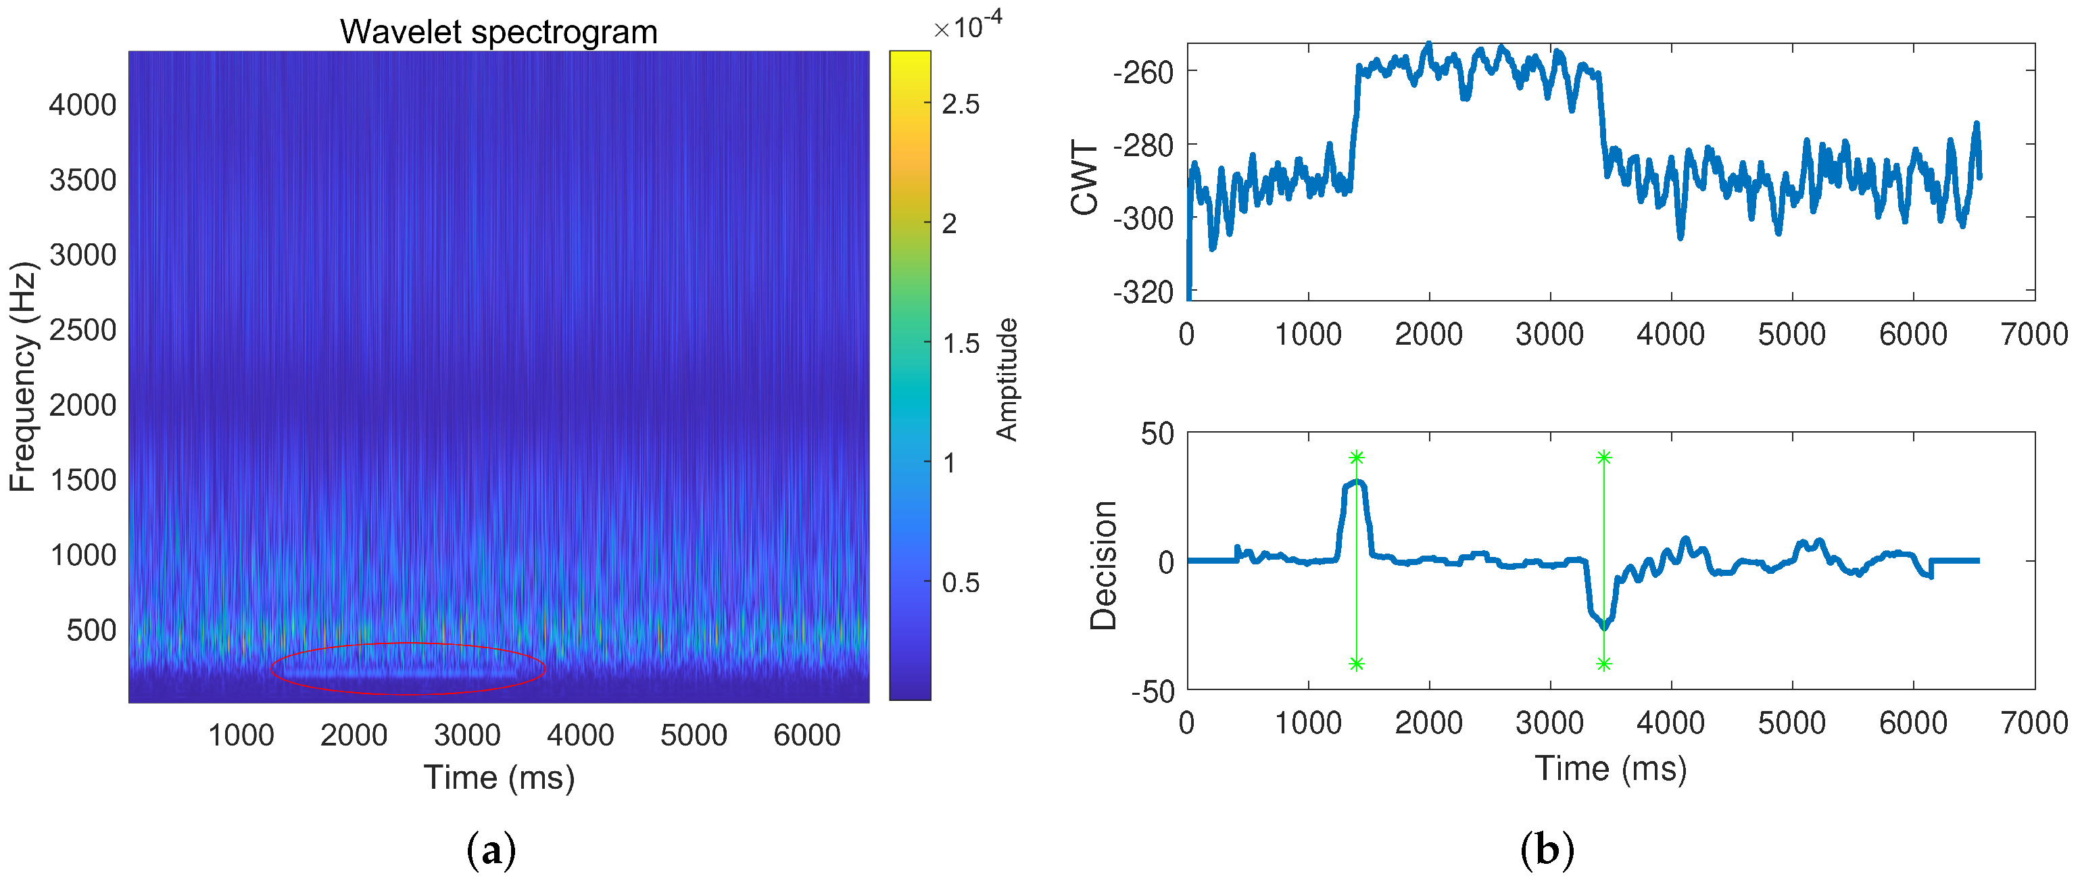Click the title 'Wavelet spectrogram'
pyautogui.click(x=498, y=32)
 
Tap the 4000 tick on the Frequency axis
pyautogui.click(x=82, y=105)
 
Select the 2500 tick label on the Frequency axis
pyautogui.click(x=82, y=331)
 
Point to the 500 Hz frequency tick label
pyautogui.click(x=92, y=631)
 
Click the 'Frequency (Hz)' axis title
pyautogui.click(x=22, y=376)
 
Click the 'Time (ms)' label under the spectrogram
pyautogui.click(x=499, y=778)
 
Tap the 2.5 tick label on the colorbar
pyautogui.click(x=960, y=104)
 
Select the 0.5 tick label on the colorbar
pyautogui.click(x=960, y=583)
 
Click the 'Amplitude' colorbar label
pyautogui.click(x=1007, y=380)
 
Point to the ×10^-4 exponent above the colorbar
pyautogui.click(x=967, y=28)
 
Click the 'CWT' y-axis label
pyautogui.click(x=1084, y=178)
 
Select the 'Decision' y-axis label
pyautogui.click(x=1104, y=566)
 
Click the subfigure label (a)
pyautogui.click(x=491, y=850)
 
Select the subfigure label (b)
pyautogui.click(x=1546, y=850)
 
